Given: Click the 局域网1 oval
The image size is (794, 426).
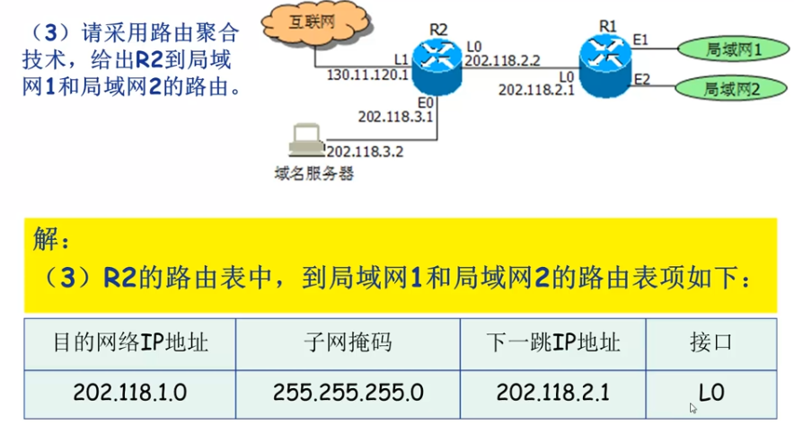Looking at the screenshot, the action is (728, 50).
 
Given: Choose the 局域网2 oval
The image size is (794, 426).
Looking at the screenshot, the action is (728, 89).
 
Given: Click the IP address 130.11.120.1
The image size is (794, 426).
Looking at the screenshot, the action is (366, 75).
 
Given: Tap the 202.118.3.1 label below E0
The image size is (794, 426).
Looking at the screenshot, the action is (395, 116).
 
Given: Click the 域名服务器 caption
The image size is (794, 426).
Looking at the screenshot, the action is (313, 173).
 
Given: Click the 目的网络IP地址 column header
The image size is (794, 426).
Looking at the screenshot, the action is (130, 342).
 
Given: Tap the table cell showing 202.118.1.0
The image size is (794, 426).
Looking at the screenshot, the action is (130, 392).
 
